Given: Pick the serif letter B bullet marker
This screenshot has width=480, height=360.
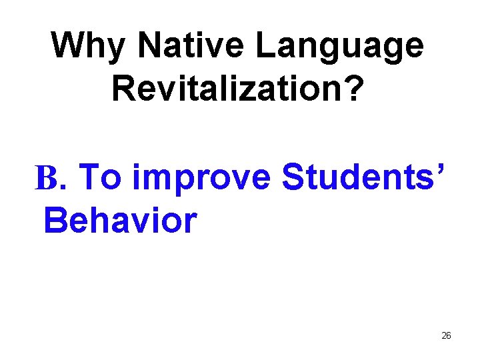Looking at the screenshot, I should tap(47, 178).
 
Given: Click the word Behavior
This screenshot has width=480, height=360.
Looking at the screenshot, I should tap(121, 220).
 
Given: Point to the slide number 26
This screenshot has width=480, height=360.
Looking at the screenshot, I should tap(446, 335).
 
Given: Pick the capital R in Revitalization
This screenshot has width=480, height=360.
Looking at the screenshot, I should tap(124, 88).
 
